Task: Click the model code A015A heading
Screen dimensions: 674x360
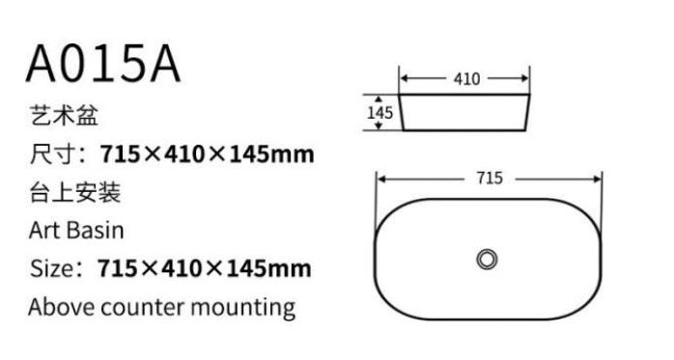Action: [103, 64]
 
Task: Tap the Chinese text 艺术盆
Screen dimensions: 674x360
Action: [64, 115]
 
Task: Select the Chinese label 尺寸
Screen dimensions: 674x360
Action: [52, 153]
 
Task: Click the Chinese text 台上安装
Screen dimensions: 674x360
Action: [75, 192]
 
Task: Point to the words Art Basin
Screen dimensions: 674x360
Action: [76, 231]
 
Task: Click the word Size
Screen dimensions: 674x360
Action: [51, 268]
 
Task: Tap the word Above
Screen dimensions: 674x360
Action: [62, 307]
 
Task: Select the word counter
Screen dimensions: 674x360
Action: [143, 308]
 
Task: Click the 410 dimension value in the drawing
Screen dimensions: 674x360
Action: [466, 78]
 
